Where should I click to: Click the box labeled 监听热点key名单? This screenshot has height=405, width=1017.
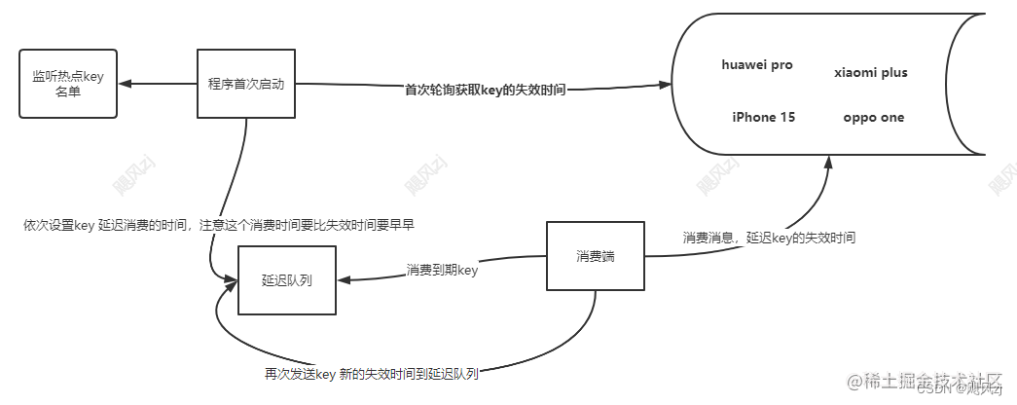(x=68, y=84)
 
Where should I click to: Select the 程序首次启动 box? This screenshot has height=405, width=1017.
(x=245, y=84)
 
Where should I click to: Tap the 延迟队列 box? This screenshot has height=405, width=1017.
(x=287, y=280)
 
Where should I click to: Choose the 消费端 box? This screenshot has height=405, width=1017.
(x=595, y=257)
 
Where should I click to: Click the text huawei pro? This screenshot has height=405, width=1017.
(x=757, y=65)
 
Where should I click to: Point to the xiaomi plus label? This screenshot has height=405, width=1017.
(x=871, y=73)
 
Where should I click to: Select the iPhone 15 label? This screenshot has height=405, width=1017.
(x=764, y=118)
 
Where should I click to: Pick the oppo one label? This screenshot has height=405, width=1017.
(x=874, y=118)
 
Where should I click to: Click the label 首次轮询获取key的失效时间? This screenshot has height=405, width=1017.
(x=486, y=89)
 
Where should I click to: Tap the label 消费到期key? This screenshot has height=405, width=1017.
(x=442, y=271)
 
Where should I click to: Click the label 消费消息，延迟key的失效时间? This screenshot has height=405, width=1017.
(x=769, y=238)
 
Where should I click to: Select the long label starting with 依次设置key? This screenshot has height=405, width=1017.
(x=220, y=225)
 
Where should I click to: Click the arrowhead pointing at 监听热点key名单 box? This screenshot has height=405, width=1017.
(x=127, y=84)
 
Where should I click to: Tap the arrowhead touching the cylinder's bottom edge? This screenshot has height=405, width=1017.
(x=827, y=163)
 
